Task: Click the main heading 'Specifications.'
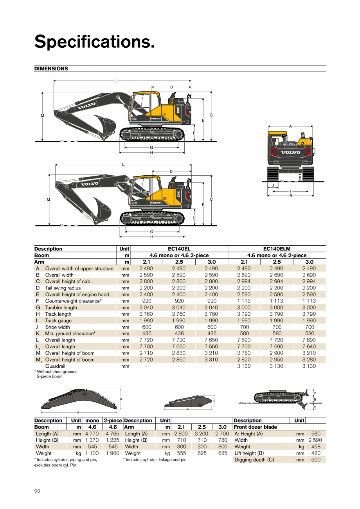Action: pyautogui.click(x=94, y=41)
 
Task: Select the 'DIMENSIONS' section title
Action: pyautogui.click(x=51, y=68)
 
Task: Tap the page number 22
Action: pyautogui.click(x=37, y=491)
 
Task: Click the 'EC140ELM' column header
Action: pyautogui.click(x=277, y=249)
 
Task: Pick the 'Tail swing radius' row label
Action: pyautogui.click(x=63, y=288)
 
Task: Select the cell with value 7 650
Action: pyautogui.click(x=211, y=340)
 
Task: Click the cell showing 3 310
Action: pyautogui.click(x=211, y=360)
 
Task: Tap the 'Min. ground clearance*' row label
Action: pyautogui.click(x=70, y=334)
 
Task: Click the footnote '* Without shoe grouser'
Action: pyautogui.click(x=56, y=372)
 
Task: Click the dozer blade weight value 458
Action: pyautogui.click(x=315, y=446)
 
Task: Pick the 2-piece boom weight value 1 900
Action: pyautogui.click(x=113, y=453)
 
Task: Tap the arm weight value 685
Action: pyautogui.click(x=222, y=453)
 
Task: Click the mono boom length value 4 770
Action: pyautogui.click(x=92, y=433)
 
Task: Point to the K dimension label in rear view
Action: pyautogui.click(x=300, y=177)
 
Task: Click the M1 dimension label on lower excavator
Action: pyautogui.click(x=49, y=200)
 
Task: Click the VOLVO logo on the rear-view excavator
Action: pyautogui.click(x=290, y=153)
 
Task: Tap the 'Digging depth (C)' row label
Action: pyautogui.click(x=254, y=460)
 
